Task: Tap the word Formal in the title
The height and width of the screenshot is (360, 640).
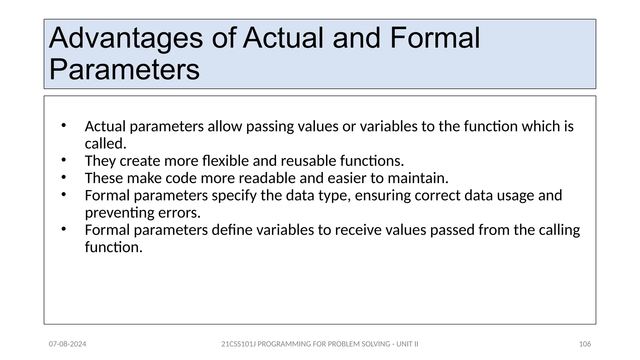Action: click(x=435, y=38)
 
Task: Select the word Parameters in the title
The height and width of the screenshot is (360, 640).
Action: click(x=124, y=70)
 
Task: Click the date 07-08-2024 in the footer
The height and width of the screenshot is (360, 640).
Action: click(x=67, y=344)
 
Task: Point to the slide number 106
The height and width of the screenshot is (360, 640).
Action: click(x=585, y=344)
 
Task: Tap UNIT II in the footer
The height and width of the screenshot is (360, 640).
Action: click(x=407, y=344)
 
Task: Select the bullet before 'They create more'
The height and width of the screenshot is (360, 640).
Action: click(x=64, y=160)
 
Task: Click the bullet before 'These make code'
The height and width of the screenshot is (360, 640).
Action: click(x=64, y=177)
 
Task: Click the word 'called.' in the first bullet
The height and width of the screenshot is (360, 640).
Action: click(x=106, y=144)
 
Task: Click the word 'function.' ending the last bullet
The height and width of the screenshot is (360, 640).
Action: click(x=114, y=247)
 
